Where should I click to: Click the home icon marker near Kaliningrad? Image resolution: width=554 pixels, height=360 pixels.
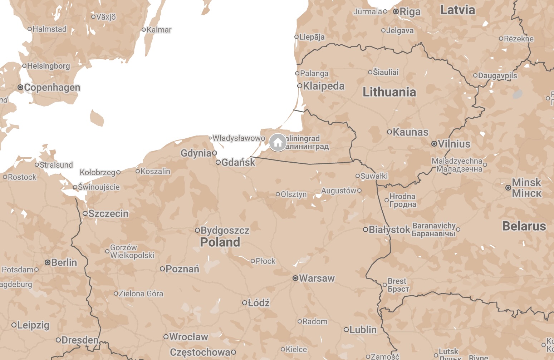click(278, 143)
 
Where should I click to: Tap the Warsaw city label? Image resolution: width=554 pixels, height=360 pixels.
click(317, 278)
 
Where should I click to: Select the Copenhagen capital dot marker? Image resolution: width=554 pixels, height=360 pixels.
click(20, 87)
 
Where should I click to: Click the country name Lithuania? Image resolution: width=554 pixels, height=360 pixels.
click(389, 92)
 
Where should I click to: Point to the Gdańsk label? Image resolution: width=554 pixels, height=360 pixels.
click(238, 162)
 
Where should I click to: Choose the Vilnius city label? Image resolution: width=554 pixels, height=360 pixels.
click(454, 144)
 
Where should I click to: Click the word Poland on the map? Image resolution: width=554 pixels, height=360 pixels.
click(220, 242)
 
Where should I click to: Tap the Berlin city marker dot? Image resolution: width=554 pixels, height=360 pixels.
click(47, 262)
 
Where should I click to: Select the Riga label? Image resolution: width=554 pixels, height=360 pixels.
click(410, 11)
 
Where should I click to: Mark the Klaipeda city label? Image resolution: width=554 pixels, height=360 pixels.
click(324, 86)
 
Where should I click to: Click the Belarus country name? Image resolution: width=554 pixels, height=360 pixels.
click(524, 226)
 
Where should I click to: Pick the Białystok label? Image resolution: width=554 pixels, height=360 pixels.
click(389, 230)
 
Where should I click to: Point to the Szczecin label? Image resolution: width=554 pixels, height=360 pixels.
click(108, 213)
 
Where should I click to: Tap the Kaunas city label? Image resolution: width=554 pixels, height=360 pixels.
click(410, 132)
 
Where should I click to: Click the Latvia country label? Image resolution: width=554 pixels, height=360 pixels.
click(457, 10)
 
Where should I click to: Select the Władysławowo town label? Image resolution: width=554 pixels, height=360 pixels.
click(239, 138)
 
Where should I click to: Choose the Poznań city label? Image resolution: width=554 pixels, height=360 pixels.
click(182, 269)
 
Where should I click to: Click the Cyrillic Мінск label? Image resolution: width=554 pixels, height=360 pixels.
click(526, 193)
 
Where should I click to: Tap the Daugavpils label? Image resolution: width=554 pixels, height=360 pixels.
click(497, 75)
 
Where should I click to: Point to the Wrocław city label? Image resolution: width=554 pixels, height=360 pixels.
click(188, 337)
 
